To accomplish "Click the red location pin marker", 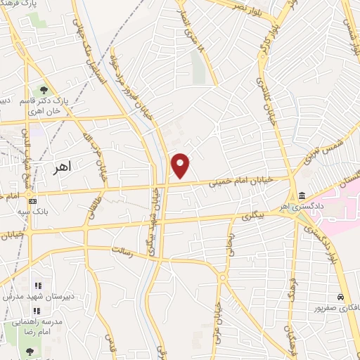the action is [x=181, y=165].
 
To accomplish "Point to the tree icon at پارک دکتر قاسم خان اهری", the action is [x=44, y=90].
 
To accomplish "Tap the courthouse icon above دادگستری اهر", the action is [x=302, y=195].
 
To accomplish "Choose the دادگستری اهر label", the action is [x=304, y=207].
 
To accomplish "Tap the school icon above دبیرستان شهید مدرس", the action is [x=37, y=285].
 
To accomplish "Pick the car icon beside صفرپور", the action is [x=341, y=297].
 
